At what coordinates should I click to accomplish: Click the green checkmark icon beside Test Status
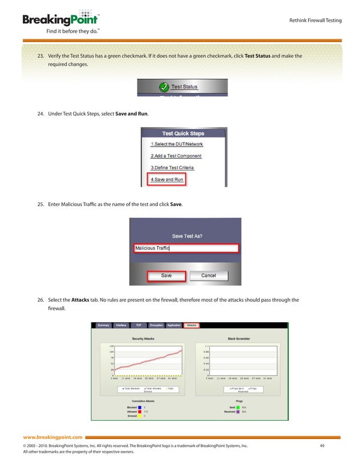pyautogui.click(x=163, y=87)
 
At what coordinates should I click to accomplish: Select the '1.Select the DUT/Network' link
pyautogui.click(x=177, y=144)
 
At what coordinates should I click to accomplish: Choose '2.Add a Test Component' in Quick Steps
pyautogui.click(x=176, y=156)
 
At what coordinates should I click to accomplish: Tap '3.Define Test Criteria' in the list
pyautogui.click(x=172, y=168)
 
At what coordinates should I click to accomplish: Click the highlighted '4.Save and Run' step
pyautogui.click(x=167, y=180)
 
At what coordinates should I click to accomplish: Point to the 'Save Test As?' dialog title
pyautogui.click(x=187, y=235)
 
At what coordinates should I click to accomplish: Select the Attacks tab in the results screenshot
pyautogui.click(x=191, y=325)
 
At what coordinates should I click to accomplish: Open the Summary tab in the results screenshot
pyautogui.click(x=103, y=325)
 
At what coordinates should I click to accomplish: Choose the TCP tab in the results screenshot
pyautogui.click(x=139, y=325)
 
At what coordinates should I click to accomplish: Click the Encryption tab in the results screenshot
pyautogui.click(x=156, y=325)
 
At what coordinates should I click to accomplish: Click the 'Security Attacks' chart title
pyautogui.click(x=143, y=339)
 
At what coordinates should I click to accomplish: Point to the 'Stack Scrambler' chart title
pyautogui.click(x=238, y=339)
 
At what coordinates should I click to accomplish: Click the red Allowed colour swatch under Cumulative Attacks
pyautogui.click(x=140, y=411)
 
